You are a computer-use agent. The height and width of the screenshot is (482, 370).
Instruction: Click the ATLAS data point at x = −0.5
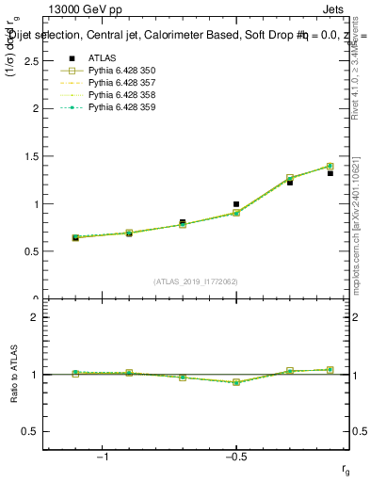point(236,203)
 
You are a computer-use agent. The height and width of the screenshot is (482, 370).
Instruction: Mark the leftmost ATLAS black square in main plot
point(75,238)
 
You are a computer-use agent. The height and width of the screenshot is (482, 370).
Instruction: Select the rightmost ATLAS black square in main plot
point(330,173)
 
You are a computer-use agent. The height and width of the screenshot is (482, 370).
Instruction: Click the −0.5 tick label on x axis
point(235,458)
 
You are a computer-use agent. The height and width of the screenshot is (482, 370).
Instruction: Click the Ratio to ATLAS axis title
point(13,375)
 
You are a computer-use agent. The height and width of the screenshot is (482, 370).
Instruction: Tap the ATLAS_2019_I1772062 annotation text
point(197,281)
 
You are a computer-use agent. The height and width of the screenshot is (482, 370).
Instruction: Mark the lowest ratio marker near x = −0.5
point(236,382)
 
